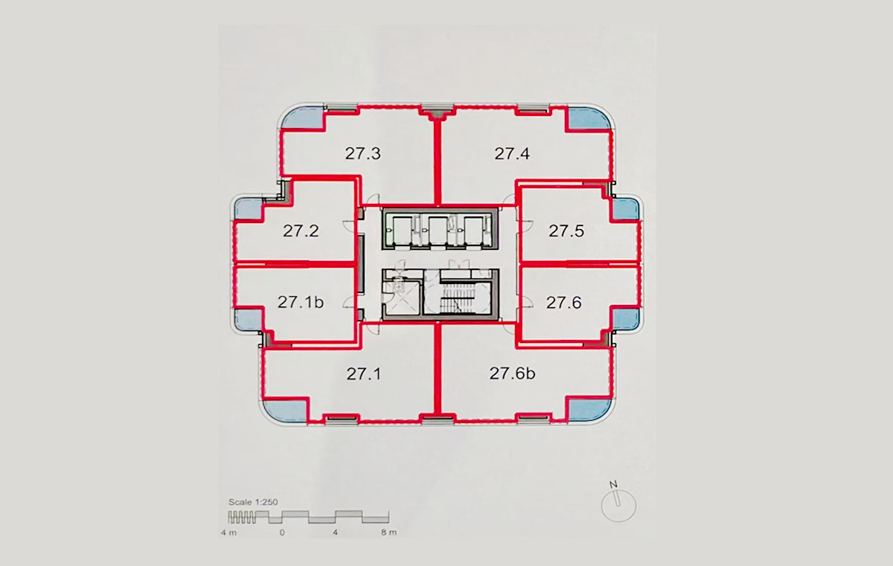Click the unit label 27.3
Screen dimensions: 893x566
click(x=363, y=153)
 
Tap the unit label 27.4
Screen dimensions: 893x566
click(x=512, y=153)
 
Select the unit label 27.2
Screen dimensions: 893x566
click(x=301, y=231)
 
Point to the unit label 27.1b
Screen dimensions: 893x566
click(x=301, y=302)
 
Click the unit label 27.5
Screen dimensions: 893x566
click(x=566, y=231)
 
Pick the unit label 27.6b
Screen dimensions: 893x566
click(x=512, y=373)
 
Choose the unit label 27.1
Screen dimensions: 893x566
click(x=364, y=374)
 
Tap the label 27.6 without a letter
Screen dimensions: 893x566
click(x=564, y=303)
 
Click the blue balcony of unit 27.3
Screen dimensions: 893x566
click(x=302, y=118)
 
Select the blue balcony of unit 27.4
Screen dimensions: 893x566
click(x=589, y=118)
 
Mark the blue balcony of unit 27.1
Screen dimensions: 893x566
click(x=284, y=411)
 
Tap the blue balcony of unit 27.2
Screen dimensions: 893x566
click(x=249, y=209)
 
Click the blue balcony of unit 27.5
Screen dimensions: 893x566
click(x=625, y=209)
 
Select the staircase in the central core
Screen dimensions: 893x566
click(x=458, y=297)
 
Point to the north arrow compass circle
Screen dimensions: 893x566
click(x=618, y=506)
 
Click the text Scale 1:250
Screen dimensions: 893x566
click(x=253, y=502)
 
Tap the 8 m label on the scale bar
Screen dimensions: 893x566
click(x=388, y=532)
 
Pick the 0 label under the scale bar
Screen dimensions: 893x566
click(x=282, y=533)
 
